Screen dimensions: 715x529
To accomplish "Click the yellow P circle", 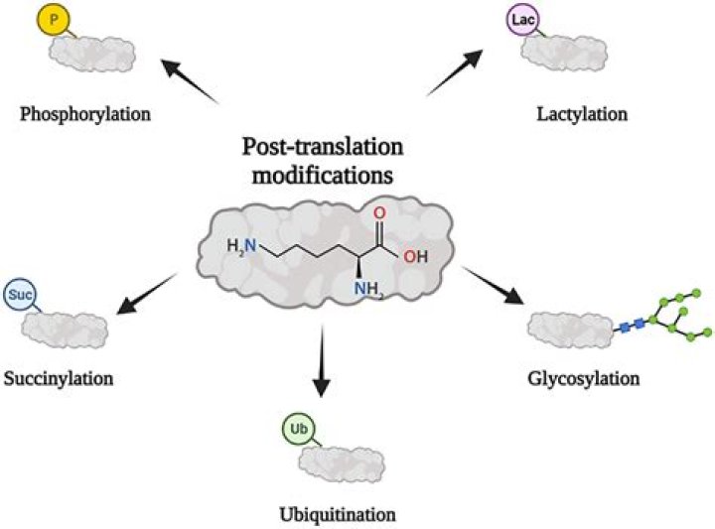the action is pyautogui.click(x=54, y=20).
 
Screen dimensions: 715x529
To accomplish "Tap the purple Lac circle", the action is pyautogui.click(x=523, y=20).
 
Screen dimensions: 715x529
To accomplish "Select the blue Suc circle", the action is pyautogui.click(x=20, y=295).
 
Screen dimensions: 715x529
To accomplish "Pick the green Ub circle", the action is pyautogui.click(x=299, y=429).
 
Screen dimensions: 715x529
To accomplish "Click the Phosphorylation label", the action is pyautogui.click(x=85, y=114).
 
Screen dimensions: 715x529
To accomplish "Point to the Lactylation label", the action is pyautogui.click(x=582, y=114).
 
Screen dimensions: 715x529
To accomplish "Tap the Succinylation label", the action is pyautogui.click(x=59, y=378).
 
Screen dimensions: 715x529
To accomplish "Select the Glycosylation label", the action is pyautogui.click(x=584, y=378).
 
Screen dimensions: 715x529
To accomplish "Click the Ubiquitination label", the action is pyautogui.click(x=338, y=515).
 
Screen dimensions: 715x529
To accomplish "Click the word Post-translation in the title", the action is pyautogui.click(x=323, y=147).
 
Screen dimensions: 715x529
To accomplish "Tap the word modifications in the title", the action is pyautogui.click(x=323, y=176).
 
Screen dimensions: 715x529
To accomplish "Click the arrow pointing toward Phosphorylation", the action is pyautogui.click(x=190, y=80).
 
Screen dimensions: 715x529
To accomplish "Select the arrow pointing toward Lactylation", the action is pyautogui.click(x=455, y=72).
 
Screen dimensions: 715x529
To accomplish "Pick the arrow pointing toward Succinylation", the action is pyautogui.click(x=146, y=294).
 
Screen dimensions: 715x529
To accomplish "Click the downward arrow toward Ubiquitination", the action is pyautogui.click(x=322, y=361).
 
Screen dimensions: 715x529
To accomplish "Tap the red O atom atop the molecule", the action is pyautogui.click(x=379, y=212).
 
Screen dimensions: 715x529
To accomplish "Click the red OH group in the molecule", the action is pyautogui.click(x=415, y=257).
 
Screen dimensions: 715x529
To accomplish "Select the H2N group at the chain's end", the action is pyautogui.click(x=241, y=246).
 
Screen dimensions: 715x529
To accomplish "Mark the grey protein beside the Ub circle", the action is pyautogui.click(x=342, y=463).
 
